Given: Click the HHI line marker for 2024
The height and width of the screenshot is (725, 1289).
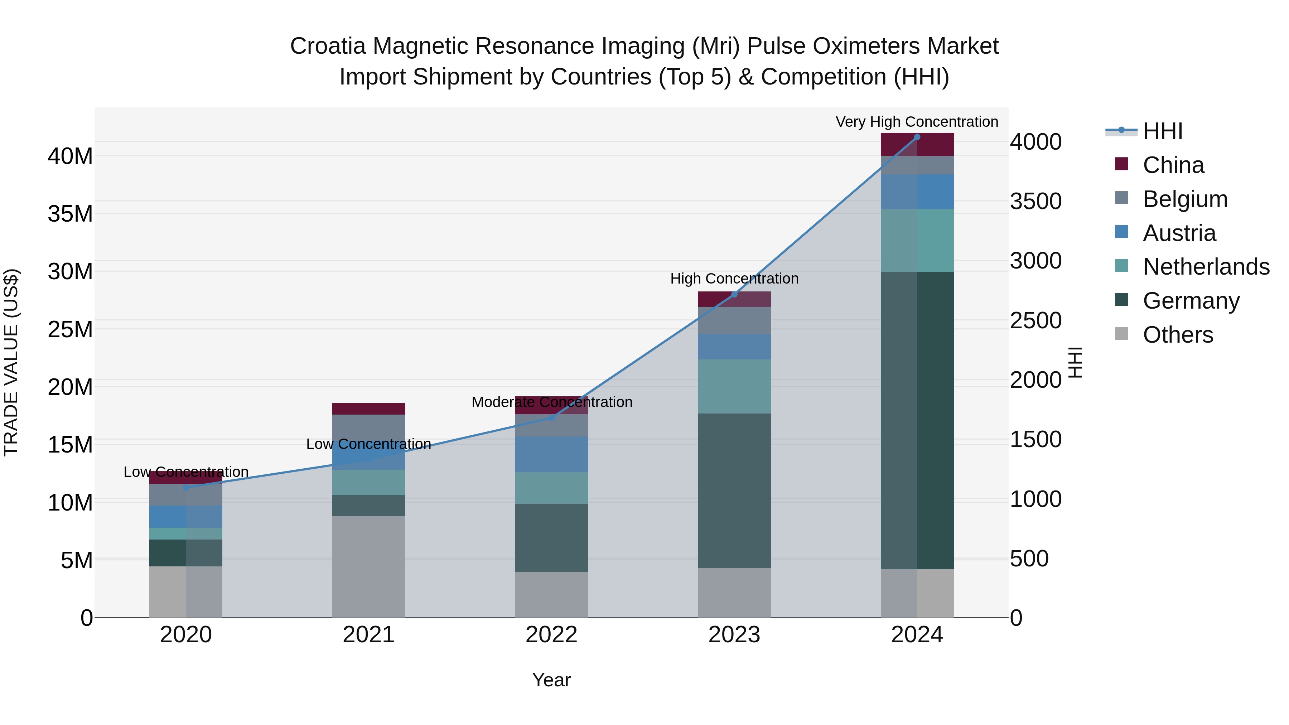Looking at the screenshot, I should [x=917, y=137].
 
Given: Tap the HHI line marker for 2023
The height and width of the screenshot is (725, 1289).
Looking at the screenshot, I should [x=734, y=294].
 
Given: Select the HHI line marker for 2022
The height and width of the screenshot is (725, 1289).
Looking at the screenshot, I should [x=551, y=418].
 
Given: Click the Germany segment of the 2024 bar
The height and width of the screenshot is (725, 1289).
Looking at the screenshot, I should [x=917, y=420].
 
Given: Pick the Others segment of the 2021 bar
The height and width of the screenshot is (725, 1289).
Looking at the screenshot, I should [x=368, y=566].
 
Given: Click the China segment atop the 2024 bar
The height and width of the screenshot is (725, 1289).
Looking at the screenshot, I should [x=917, y=145].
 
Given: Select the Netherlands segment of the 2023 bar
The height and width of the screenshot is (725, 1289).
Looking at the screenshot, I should [x=734, y=386].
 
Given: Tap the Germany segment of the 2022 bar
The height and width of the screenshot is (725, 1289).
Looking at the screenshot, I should [x=551, y=537].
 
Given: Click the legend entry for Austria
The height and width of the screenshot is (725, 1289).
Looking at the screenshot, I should [x=1179, y=233].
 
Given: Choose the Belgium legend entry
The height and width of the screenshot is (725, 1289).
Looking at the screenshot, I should [x=1185, y=199].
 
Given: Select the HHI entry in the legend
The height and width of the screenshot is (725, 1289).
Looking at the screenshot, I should [x=1162, y=131].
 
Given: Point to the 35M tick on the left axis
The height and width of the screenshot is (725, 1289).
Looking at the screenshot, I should [x=70, y=214].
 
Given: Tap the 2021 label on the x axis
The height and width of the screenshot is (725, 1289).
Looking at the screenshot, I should [x=368, y=635].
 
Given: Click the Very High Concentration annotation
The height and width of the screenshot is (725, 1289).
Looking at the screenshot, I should [x=917, y=122].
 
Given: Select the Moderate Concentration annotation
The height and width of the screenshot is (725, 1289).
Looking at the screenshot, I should [x=551, y=402].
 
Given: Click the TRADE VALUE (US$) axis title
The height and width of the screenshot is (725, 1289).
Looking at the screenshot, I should [x=11, y=362].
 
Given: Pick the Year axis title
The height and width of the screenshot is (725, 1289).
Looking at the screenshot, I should [x=551, y=680].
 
